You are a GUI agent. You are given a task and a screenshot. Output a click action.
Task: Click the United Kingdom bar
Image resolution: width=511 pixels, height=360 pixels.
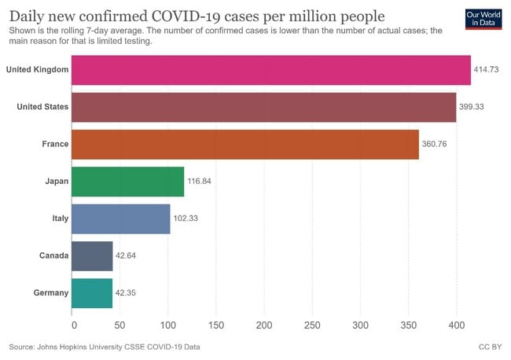pos(271,70)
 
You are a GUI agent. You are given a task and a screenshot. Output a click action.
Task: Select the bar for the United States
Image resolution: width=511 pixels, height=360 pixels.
pos(263,106)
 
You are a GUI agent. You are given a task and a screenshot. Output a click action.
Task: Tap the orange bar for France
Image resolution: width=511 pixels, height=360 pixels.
pos(245,144)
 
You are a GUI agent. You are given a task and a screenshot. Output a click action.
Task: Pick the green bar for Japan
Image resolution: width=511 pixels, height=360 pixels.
pos(127,181)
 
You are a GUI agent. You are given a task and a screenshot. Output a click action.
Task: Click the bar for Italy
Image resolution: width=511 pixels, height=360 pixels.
pos(120,218)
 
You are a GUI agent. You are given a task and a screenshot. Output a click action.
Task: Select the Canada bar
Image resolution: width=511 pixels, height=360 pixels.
pos(92,255)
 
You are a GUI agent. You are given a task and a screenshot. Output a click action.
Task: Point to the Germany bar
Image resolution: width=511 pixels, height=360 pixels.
pos(92,292)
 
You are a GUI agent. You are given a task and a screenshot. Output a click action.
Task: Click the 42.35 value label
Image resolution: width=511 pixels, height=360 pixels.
pos(129,293)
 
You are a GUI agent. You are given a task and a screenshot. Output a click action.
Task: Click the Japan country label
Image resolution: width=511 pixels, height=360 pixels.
pos(55,182)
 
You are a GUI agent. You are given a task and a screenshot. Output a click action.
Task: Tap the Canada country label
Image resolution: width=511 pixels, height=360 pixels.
pos(53,255)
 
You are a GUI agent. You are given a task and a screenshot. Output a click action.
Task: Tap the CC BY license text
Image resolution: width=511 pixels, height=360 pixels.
pos(489,347)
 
